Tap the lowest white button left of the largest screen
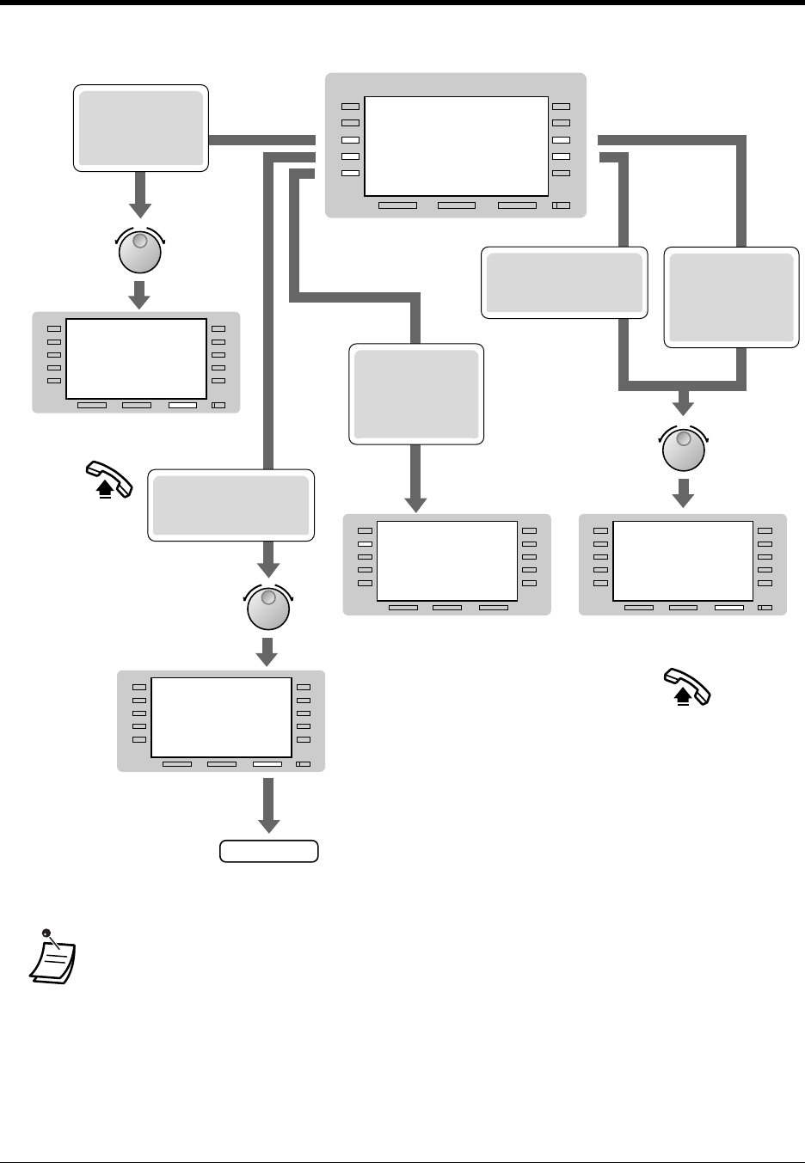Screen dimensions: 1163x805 pyautogui.click(x=349, y=173)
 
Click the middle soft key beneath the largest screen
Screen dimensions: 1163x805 pyautogui.click(x=456, y=205)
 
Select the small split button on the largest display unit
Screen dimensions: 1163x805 pyautogui.click(x=561, y=205)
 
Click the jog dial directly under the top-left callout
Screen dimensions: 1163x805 pyautogui.click(x=139, y=251)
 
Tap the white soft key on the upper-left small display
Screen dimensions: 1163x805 pyautogui.click(x=182, y=405)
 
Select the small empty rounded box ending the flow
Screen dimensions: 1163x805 pyautogui.click(x=268, y=851)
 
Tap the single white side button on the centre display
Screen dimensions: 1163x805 pyautogui.click(x=365, y=544)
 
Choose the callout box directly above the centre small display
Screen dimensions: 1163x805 pyautogui.click(x=417, y=394)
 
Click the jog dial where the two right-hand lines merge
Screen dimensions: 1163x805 pyautogui.click(x=683, y=450)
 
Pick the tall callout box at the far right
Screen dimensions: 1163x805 pyautogui.click(x=731, y=297)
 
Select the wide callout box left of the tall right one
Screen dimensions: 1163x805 pyautogui.click(x=564, y=282)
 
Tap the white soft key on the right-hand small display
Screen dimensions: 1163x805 pyautogui.click(x=728, y=608)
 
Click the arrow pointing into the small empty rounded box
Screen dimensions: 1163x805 pyautogui.click(x=269, y=805)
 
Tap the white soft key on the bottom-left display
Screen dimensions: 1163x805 pyautogui.click(x=267, y=764)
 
